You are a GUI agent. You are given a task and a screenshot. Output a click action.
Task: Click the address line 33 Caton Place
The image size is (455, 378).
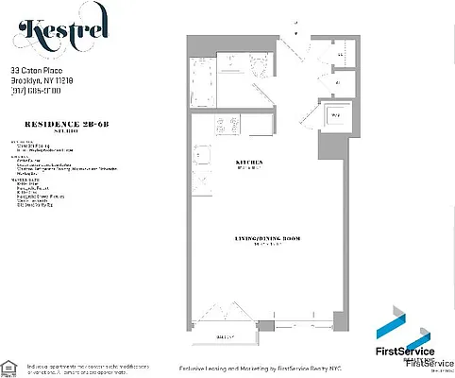pyautogui.click(x=37, y=70)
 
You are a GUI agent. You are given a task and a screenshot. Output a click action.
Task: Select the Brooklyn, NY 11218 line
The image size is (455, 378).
pyautogui.click(x=42, y=80)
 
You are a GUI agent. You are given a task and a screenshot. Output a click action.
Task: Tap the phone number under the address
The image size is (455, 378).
pyautogui.click(x=37, y=91)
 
